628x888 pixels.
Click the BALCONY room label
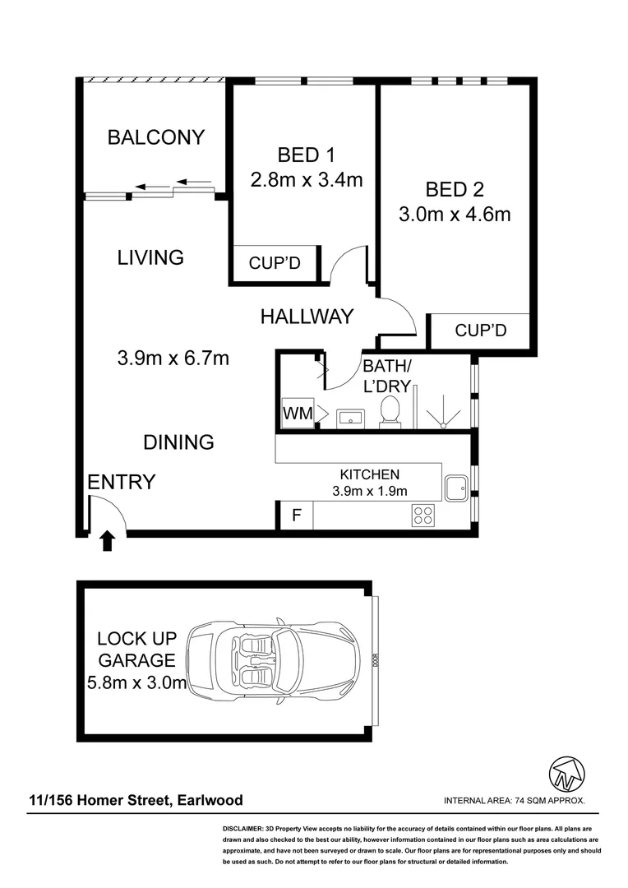coord(155,137)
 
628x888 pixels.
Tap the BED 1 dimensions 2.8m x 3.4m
coord(306,180)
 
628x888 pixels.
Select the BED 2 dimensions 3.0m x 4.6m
coord(455,215)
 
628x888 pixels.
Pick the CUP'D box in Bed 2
coord(480,331)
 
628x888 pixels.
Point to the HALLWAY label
coord(307,316)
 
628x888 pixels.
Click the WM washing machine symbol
coord(298,414)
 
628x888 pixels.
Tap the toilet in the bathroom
coord(390,410)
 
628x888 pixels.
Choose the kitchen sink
coord(456,488)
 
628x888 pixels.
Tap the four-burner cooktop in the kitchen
coord(423,516)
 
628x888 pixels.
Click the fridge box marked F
coord(296,516)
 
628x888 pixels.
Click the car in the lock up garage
coord(274,660)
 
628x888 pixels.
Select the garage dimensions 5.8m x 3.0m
coord(136,682)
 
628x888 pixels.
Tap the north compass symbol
coord(566,773)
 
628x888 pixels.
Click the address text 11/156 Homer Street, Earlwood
coord(136,800)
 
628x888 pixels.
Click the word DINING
coord(178,442)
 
